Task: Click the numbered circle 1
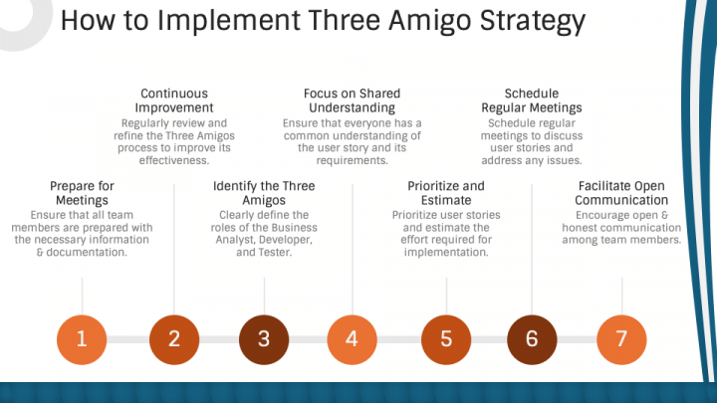click(x=82, y=339)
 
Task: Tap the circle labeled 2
click(x=174, y=339)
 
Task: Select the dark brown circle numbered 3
click(x=264, y=339)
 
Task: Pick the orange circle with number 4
click(x=353, y=339)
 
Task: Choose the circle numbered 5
click(x=446, y=339)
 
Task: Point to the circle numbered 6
click(x=532, y=339)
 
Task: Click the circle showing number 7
click(x=621, y=339)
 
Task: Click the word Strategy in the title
click(x=533, y=21)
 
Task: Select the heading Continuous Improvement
click(x=174, y=101)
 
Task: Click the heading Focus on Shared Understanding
click(x=353, y=101)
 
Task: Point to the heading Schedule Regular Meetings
click(x=532, y=101)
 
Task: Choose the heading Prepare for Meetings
click(x=82, y=193)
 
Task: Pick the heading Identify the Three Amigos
click(x=264, y=193)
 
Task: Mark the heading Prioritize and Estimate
click(x=446, y=193)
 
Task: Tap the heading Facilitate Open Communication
click(x=621, y=193)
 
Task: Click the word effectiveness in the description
click(x=174, y=160)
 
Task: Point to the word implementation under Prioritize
click(x=446, y=252)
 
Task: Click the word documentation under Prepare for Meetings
click(x=87, y=252)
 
